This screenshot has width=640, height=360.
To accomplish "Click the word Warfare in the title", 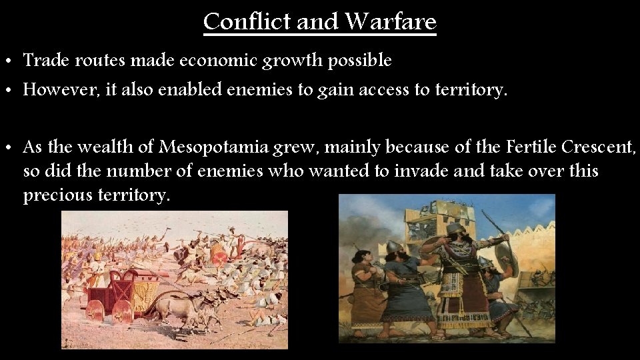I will pyautogui.click(x=391, y=21).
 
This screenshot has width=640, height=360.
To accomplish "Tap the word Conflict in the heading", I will pyautogui.click(x=247, y=21).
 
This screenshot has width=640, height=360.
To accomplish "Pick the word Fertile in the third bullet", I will pyautogui.click(x=530, y=146).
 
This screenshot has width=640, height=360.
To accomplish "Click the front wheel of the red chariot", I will pyautogui.click(x=122, y=312).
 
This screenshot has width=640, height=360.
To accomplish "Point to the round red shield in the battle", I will pyautogui.click(x=218, y=253).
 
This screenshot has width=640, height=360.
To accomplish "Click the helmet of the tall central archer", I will pyautogui.click(x=456, y=229).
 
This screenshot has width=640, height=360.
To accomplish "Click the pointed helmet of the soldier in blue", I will pyautogui.click(x=393, y=247).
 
